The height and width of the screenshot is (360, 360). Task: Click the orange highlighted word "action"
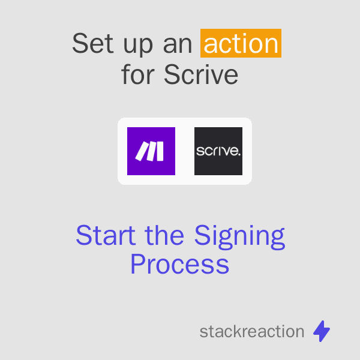pyautogui.click(x=241, y=44)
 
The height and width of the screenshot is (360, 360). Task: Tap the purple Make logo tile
pyautogui.click(x=151, y=151)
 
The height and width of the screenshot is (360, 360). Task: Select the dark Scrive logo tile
pyautogui.click(x=218, y=151)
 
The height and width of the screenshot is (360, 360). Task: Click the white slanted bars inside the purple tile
pyautogui.click(x=149, y=152)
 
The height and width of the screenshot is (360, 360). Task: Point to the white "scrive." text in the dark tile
pyautogui.click(x=218, y=152)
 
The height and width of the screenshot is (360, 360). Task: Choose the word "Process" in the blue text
pyautogui.click(x=180, y=265)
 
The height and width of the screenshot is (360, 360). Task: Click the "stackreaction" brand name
pyautogui.click(x=252, y=331)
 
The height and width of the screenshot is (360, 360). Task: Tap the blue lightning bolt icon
pyautogui.click(x=322, y=331)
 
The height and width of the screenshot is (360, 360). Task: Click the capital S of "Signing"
pyautogui.click(x=202, y=236)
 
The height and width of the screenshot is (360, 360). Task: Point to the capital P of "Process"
pyautogui.click(x=137, y=265)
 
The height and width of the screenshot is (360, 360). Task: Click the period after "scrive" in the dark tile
pyautogui.click(x=239, y=155)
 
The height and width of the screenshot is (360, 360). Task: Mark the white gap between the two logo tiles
pyautogui.click(x=185, y=151)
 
